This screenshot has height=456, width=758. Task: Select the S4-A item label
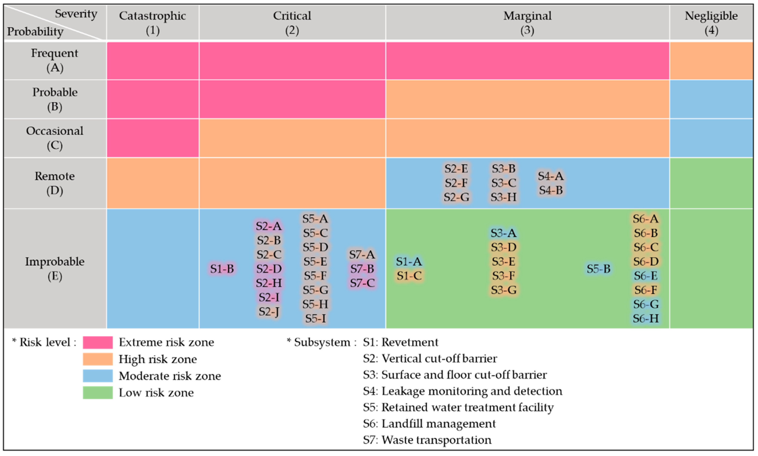click(550, 176)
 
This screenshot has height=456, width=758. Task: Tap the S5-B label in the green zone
click(598, 269)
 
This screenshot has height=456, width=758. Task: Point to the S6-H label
click(645, 318)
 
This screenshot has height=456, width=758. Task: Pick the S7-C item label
click(362, 283)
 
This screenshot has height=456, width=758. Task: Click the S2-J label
click(269, 312)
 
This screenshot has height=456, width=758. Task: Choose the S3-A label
click(503, 233)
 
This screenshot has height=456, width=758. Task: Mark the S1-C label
click(409, 276)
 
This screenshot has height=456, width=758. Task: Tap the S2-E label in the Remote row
click(456, 169)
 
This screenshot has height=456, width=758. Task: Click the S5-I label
click(315, 318)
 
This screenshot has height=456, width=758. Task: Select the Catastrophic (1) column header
click(153, 23)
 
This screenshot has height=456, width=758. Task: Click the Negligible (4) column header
click(711, 23)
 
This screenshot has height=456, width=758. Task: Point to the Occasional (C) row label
click(55, 138)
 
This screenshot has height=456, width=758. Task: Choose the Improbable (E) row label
click(55, 269)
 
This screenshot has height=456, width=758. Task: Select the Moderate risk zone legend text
click(170, 376)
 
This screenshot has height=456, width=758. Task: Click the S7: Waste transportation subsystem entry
click(427, 440)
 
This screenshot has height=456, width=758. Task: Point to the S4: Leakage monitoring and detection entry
click(462, 391)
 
